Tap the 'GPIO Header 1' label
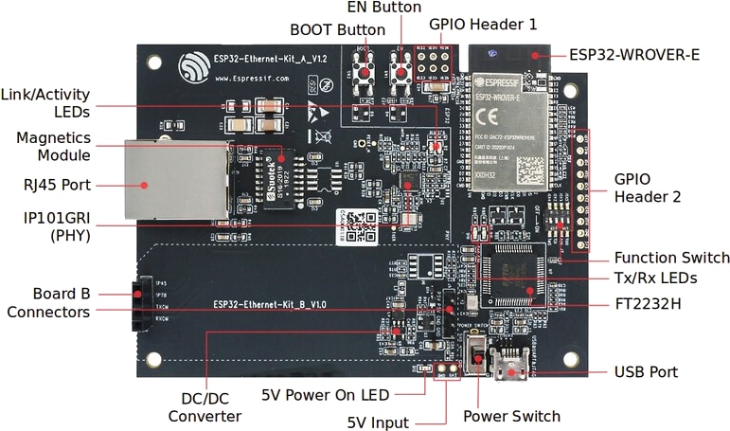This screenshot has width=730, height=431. (483, 24)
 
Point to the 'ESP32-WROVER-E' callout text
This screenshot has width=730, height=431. (634, 54)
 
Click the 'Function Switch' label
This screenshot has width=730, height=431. (671, 258)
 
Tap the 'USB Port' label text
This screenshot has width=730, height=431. (646, 372)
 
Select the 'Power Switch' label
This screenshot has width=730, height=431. (511, 416)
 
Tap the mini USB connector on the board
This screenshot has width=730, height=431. (512, 365)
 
